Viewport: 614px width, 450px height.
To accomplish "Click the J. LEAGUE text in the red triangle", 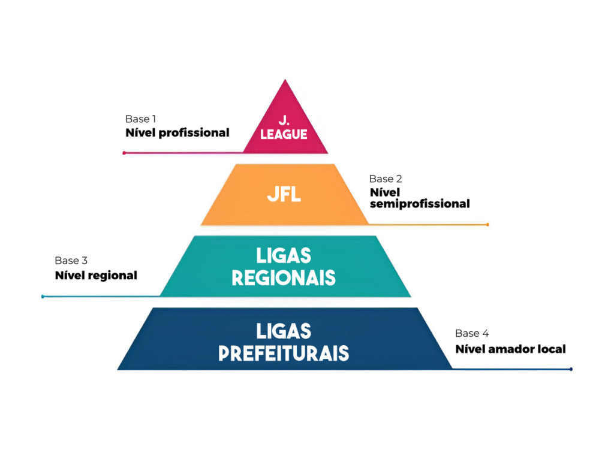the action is click(284, 128).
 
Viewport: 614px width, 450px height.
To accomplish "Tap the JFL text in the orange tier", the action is click(284, 194).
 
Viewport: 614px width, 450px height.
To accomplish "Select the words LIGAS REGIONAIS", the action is click(284, 267).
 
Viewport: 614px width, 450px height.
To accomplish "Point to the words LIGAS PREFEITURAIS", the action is click(284, 342).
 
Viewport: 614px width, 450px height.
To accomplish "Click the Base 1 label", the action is click(140, 119).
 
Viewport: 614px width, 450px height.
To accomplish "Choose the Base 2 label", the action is click(386, 179).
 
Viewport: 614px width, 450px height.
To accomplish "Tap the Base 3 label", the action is click(71, 261).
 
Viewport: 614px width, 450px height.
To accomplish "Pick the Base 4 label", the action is click(472, 333).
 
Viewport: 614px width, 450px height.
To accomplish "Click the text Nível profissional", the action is click(177, 132).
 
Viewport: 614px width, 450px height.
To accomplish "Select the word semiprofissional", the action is click(420, 204).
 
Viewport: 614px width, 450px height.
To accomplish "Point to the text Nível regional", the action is click(96, 275).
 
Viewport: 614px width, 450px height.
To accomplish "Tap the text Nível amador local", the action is click(511, 349).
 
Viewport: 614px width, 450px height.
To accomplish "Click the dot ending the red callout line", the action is click(124, 153).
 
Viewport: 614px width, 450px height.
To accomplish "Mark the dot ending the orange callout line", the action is click(487, 225).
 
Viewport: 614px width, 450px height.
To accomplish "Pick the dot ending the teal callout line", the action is click(43, 297).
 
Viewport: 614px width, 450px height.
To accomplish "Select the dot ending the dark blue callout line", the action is click(571, 369).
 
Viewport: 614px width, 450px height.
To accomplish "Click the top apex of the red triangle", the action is click(285, 80).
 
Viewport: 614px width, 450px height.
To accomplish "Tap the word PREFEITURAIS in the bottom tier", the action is click(284, 353).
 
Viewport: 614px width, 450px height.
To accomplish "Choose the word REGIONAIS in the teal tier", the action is click(284, 278).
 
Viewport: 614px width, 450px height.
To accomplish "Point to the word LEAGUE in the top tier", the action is click(284, 134).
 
